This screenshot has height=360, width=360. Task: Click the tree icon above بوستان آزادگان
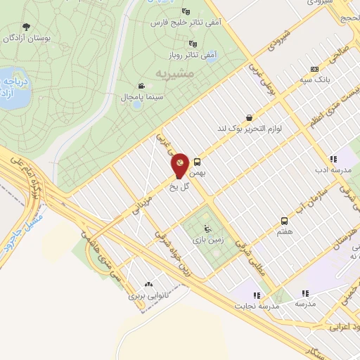pos(27,26)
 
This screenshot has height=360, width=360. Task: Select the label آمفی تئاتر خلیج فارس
pos(182,22)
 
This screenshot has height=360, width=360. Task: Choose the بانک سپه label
pos(314,80)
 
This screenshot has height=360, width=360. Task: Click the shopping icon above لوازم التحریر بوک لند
pos(249,118)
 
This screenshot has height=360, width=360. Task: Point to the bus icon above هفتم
pos(284,221)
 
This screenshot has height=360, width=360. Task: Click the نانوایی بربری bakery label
pos(148,296)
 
